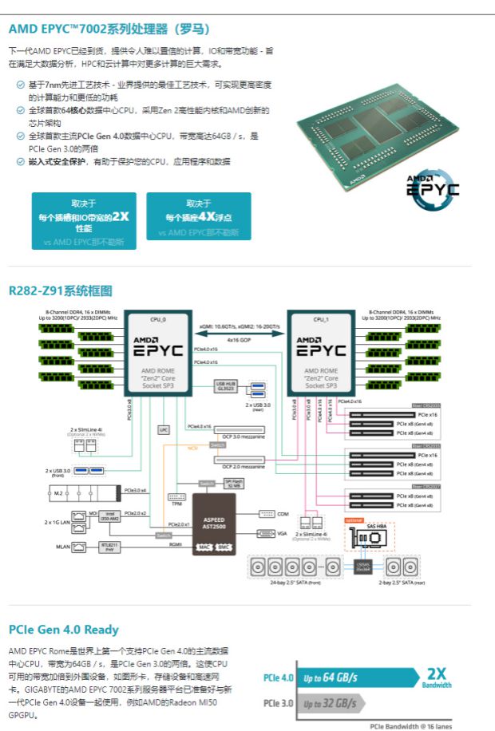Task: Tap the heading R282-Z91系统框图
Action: pos(60,290)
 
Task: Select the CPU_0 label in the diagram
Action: pos(158,319)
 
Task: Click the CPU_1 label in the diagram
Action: pos(321,319)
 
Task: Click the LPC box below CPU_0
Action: pos(164,429)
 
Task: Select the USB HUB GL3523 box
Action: pos(225,385)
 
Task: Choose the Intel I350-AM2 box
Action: pos(110,517)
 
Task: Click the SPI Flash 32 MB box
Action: pos(233,484)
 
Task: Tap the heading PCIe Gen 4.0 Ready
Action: pos(64,630)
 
